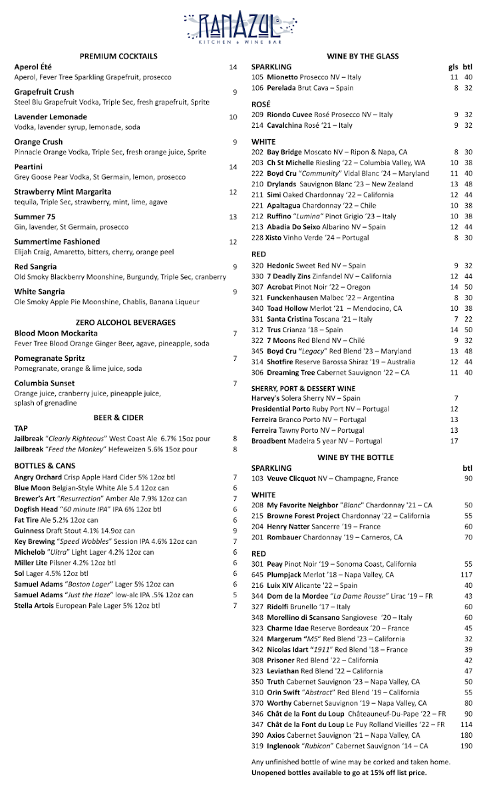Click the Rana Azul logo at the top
242,27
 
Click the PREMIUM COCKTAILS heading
118,56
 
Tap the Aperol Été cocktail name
33,67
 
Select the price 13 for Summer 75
233,217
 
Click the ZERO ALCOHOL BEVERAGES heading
126,322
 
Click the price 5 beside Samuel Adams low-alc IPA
235,595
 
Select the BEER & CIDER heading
118,417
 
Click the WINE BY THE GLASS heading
363,56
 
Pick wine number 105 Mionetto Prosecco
306,77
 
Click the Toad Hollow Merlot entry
326,308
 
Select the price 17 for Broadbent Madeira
454,441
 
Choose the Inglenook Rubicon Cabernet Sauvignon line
339,746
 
